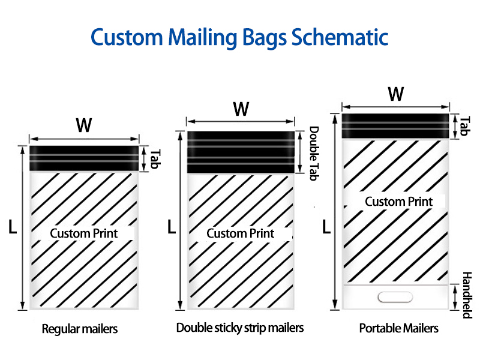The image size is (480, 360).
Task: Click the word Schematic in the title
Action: coord(340,37)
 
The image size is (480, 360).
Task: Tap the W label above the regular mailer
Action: coord(83,125)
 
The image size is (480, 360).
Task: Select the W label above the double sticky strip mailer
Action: coord(241,109)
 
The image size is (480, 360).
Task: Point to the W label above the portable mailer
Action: coord(396,94)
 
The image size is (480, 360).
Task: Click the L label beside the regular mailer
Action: coord(13,227)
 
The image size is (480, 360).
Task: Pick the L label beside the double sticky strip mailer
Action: coord(172,227)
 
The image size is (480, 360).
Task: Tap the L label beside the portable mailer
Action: coord(326,227)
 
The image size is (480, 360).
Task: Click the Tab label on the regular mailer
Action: coord(155,159)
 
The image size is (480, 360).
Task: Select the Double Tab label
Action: coord(314,154)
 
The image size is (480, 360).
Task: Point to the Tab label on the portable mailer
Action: coord(464,126)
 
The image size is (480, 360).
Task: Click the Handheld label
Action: coord(467,295)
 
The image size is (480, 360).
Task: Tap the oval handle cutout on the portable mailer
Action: coord(395,297)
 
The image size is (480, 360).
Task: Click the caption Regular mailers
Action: coord(80,329)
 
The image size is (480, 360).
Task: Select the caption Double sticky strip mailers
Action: coord(240,328)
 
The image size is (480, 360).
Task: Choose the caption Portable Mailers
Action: coord(398,328)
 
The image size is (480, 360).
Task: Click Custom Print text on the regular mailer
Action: coord(84,233)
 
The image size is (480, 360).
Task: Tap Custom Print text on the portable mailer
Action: coord(399,202)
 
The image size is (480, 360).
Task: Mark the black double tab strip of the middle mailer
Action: coord(241,152)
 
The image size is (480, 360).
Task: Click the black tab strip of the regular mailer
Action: coord(84,158)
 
